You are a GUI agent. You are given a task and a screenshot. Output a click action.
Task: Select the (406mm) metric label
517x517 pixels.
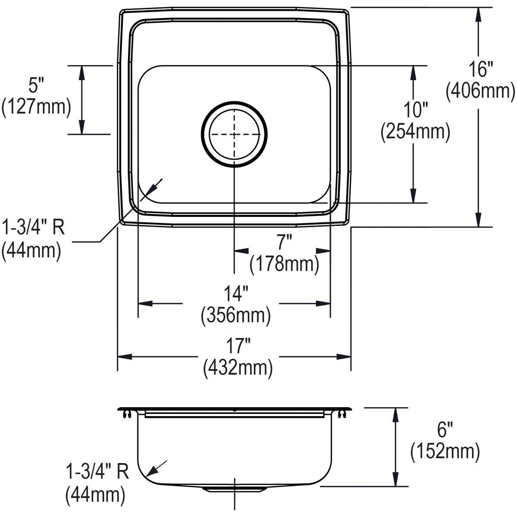point(480,91)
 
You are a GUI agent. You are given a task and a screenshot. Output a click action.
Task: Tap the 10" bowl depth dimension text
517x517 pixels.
point(414,110)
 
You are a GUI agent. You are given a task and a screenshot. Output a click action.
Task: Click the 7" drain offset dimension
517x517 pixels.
point(284,243)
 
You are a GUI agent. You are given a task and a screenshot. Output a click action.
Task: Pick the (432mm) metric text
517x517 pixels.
point(238,368)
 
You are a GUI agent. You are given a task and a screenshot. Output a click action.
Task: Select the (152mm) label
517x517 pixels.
point(445,452)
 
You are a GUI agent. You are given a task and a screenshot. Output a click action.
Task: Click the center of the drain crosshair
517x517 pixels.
point(234,134)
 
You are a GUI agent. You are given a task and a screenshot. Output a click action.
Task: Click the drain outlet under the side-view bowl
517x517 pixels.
point(234,489)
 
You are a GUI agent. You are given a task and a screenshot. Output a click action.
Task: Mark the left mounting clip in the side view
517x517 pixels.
point(125,414)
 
